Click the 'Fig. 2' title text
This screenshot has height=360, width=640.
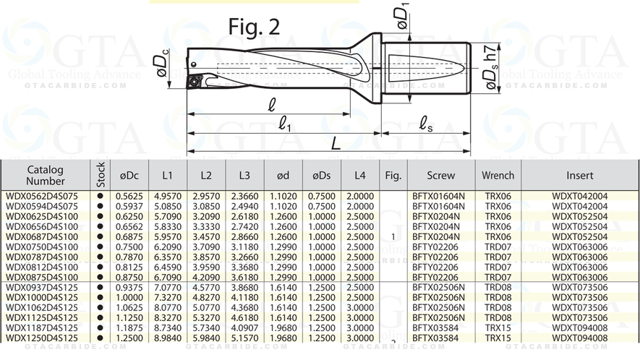click(254, 26)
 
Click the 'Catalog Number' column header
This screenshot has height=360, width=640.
click(46, 176)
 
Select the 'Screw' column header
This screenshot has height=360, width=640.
click(440, 176)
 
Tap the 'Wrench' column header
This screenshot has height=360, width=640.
click(498, 176)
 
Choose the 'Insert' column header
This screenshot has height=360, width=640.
click(579, 176)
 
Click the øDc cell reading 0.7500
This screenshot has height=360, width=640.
click(129, 247)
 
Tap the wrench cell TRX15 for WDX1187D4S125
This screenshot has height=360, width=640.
click(498, 327)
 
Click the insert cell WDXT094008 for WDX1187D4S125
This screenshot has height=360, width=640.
click(579, 327)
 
